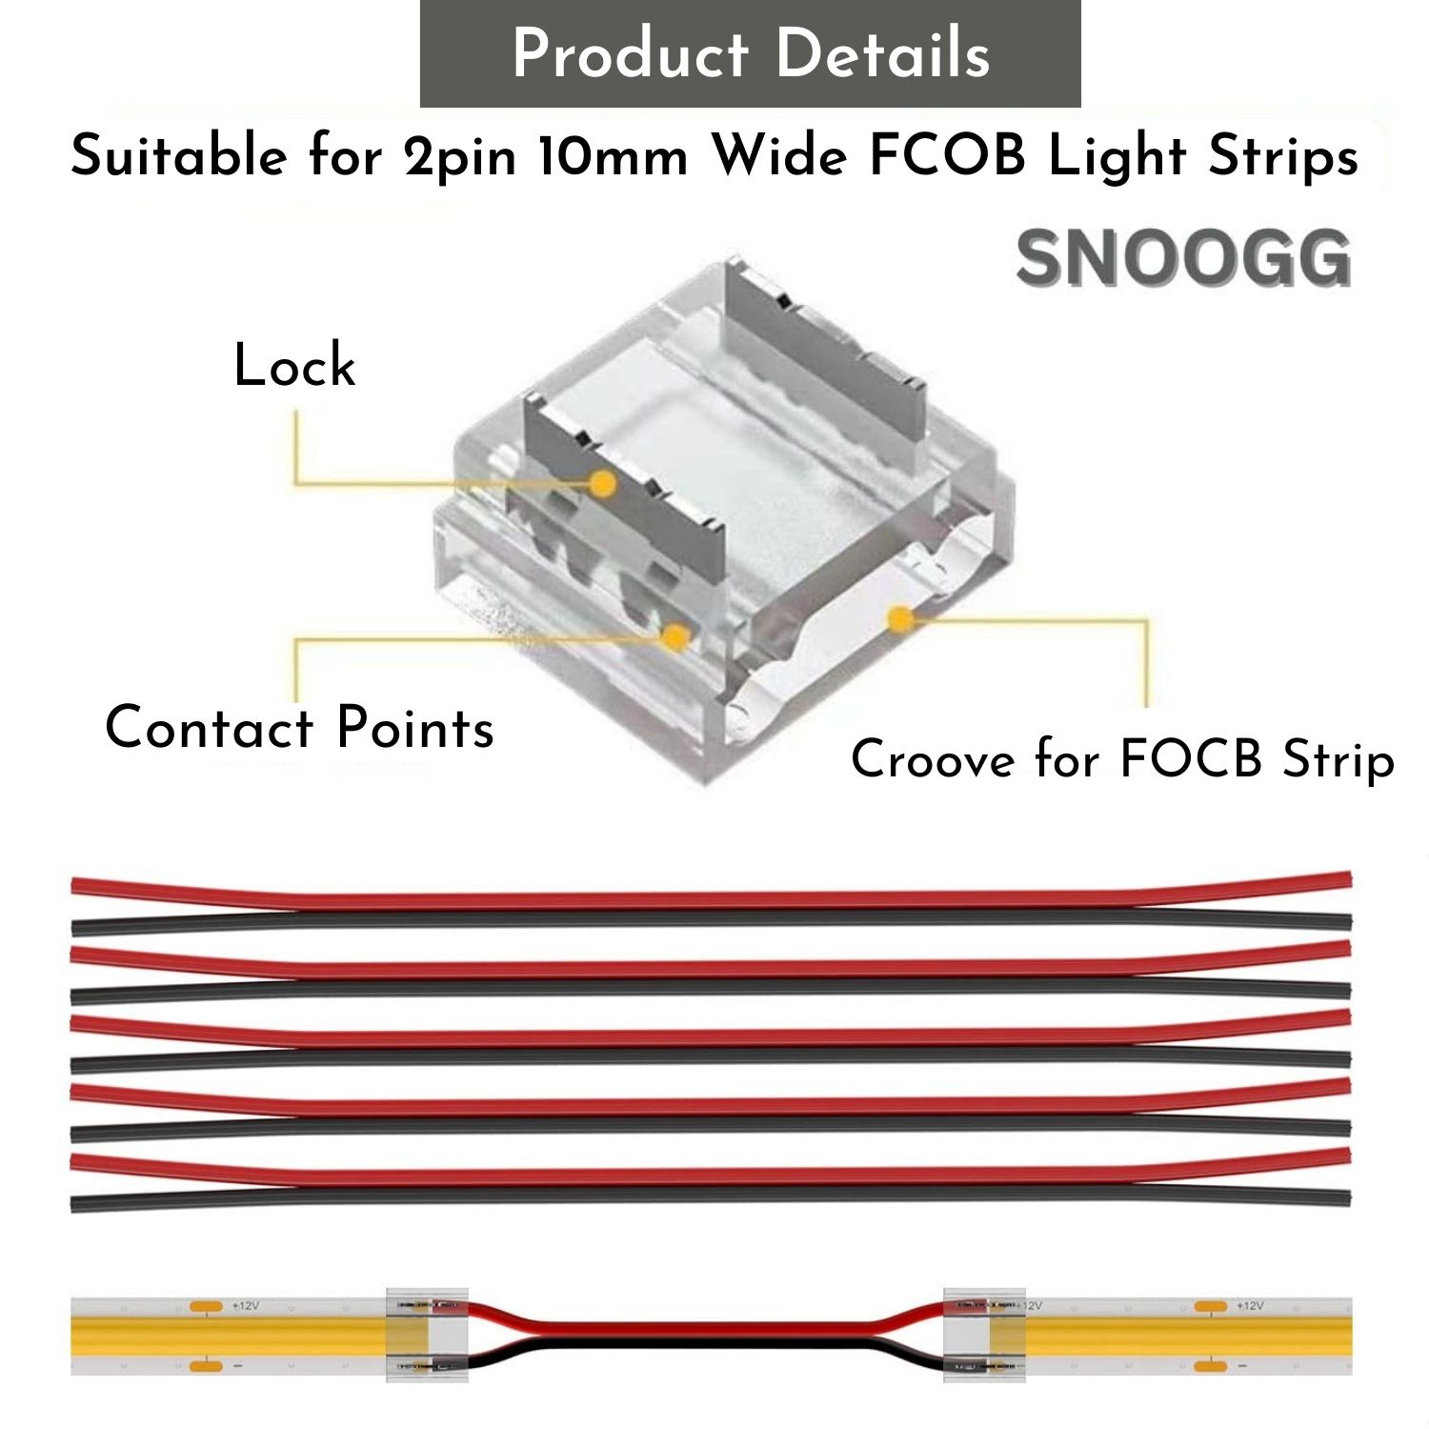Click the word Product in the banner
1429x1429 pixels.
630,53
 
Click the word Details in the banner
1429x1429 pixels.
882,53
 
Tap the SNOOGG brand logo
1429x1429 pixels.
1183,259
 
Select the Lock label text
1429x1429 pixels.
294,366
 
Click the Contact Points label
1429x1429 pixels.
299,729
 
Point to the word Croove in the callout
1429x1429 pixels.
933,760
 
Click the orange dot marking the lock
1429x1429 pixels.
602,484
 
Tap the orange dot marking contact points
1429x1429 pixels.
675,637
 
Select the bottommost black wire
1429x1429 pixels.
711,1198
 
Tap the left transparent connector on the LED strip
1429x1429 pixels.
427,1336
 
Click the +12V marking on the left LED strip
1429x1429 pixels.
245,1305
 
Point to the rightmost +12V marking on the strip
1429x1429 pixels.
1249,1305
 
